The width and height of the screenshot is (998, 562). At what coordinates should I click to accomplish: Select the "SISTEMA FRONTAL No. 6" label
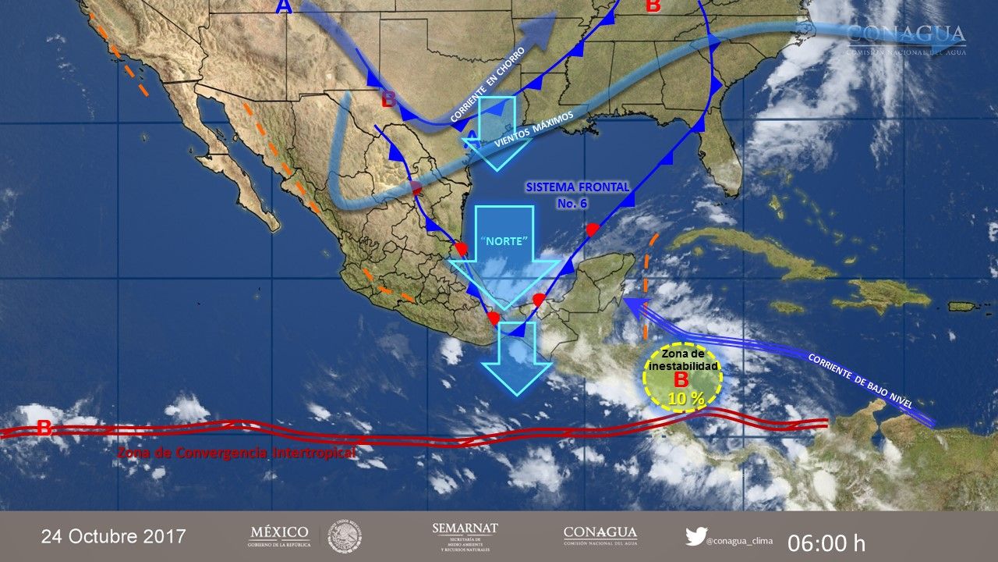coord(577,195)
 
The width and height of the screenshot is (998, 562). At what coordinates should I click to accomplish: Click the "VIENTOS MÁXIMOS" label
coord(535,128)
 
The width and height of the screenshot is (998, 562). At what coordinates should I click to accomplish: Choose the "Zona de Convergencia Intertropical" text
coord(236,453)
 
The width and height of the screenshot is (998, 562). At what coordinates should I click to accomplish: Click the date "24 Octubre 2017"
coord(113,537)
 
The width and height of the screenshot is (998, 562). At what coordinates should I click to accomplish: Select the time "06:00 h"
coord(826,542)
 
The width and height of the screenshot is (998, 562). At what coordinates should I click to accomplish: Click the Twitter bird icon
coord(695,536)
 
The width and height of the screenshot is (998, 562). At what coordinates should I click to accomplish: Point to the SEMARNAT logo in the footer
coord(465,536)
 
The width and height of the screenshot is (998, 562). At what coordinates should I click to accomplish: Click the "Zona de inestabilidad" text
coord(684,360)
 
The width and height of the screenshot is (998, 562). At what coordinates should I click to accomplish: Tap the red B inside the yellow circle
coord(681,380)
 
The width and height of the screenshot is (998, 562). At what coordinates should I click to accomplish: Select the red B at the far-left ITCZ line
coord(44,427)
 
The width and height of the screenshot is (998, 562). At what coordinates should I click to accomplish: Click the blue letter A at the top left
coord(283,7)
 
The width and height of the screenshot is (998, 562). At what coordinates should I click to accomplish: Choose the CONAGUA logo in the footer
coord(600,536)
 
